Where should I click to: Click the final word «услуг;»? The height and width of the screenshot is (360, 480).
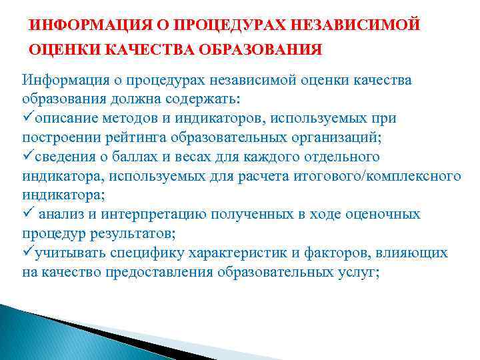pyautogui.click(x=361, y=273)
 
